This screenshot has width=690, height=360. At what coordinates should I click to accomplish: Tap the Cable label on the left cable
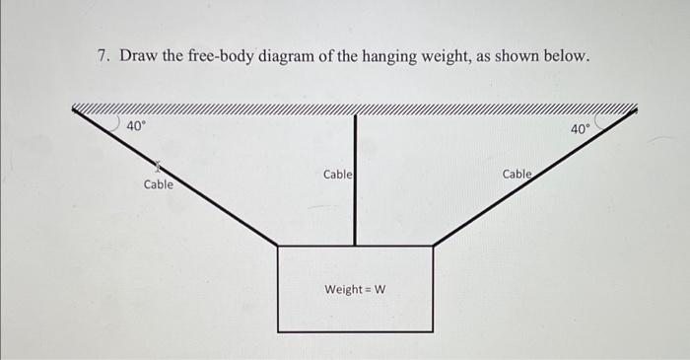pyautogui.click(x=158, y=184)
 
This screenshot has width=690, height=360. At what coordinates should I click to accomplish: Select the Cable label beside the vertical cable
pyautogui.click(x=337, y=175)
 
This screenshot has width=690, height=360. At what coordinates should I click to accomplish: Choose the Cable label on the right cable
pyautogui.click(x=517, y=174)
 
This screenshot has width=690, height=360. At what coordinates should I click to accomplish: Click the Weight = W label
pyautogui.click(x=355, y=289)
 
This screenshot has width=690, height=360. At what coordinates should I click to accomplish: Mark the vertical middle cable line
pyautogui.click(x=355, y=197)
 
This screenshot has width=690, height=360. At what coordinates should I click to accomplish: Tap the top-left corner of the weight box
pyautogui.click(x=278, y=246)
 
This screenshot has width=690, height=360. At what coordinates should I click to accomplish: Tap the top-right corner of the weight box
pyautogui.click(x=433, y=246)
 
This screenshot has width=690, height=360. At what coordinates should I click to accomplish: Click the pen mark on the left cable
pyautogui.click(x=156, y=169)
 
